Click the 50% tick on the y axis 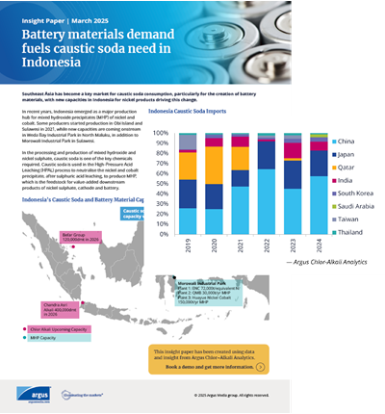(x=162, y=179)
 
